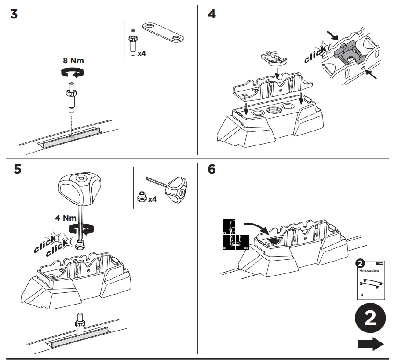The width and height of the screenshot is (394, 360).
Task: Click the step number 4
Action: click(x=212, y=14)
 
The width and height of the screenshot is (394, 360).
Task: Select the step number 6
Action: click(x=212, y=169)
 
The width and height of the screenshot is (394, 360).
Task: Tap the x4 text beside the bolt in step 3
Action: click(x=141, y=54)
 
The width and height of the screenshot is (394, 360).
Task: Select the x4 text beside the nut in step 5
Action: click(x=153, y=200)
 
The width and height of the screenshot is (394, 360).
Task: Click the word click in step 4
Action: click(x=315, y=54)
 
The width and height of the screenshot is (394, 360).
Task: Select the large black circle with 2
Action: click(x=370, y=319)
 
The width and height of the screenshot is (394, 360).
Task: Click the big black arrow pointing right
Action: click(x=370, y=344)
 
